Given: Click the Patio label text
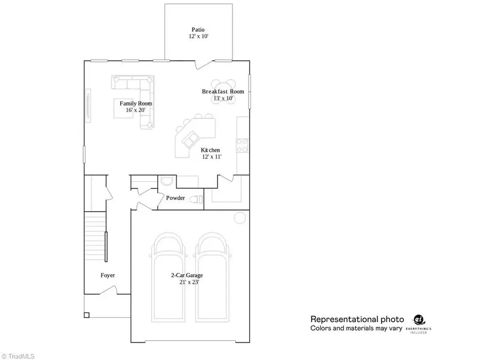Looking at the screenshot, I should [198, 30].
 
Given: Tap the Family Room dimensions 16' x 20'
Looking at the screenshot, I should [135, 110].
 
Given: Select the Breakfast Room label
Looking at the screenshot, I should [223, 92].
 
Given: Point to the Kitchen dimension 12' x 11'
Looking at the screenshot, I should [212, 157].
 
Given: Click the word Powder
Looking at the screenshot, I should [175, 198].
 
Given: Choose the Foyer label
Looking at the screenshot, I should [108, 275].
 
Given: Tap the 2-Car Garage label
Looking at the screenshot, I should [187, 275].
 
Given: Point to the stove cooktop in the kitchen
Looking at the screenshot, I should [242, 146].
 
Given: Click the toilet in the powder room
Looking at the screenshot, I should [197, 199].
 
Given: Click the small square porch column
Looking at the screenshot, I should [86, 315].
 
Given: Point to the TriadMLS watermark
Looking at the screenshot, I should [19, 354].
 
